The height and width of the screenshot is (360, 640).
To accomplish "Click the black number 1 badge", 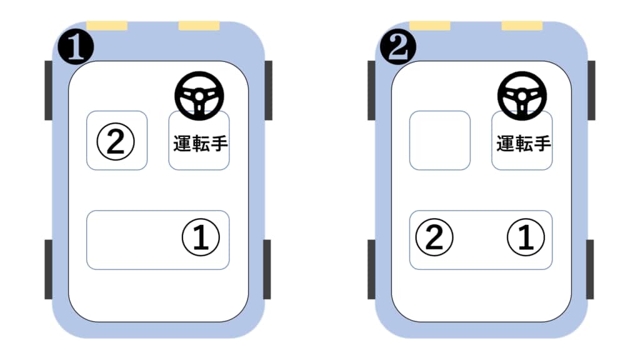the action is pyautogui.click(x=76, y=47).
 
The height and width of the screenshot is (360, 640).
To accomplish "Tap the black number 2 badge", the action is pyautogui.click(x=398, y=47).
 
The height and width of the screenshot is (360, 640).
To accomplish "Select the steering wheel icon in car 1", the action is pyautogui.click(x=199, y=96).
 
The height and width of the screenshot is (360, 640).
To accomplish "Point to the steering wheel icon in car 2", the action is pyautogui.click(x=522, y=96).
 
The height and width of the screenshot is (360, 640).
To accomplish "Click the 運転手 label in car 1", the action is pyautogui.click(x=200, y=144).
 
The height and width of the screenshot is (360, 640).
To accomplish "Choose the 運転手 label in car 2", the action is pyautogui.click(x=523, y=144).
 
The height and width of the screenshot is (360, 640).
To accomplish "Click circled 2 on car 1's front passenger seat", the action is pyautogui.click(x=116, y=142).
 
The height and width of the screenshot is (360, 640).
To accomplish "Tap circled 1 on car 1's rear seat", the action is pyautogui.click(x=201, y=237).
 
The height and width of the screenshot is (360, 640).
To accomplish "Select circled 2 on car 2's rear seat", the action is pyautogui.click(x=434, y=237).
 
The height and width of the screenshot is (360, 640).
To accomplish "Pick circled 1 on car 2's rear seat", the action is pyautogui.click(x=526, y=237).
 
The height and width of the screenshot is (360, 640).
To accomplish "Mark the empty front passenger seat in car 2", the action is pyautogui.click(x=440, y=141).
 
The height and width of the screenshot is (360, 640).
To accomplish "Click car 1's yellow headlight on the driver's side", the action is pyautogui.click(x=199, y=26).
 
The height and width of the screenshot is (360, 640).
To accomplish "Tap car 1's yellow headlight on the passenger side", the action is pyautogui.click(x=107, y=26).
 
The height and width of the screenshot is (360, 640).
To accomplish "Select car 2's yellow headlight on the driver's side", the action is pyautogui.click(x=522, y=26).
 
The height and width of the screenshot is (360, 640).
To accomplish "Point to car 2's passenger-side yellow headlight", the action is pyautogui.click(x=430, y=26).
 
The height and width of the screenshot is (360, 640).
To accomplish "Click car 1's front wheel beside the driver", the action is pyautogui.click(x=269, y=91).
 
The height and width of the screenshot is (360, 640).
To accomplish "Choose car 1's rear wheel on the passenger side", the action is pyautogui.click(x=49, y=269).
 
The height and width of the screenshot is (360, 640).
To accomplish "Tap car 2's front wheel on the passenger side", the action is pyautogui.click(x=371, y=91).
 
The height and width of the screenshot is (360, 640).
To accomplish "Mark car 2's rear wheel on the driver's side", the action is pyautogui.click(x=590, y=269).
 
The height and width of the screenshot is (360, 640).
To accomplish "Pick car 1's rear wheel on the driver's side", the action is pyautogui.click(x=267, y=269).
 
